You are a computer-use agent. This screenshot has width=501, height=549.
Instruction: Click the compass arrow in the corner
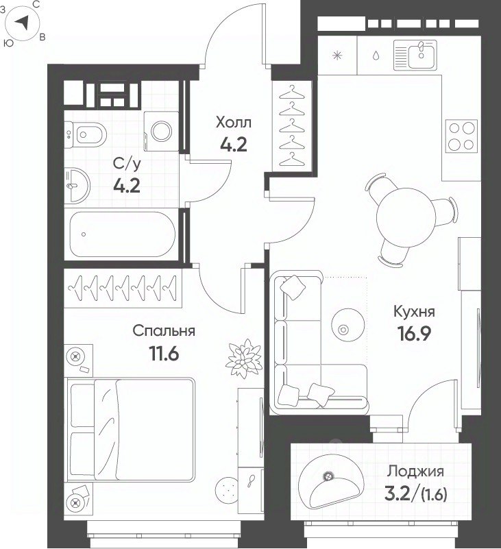(23, 23)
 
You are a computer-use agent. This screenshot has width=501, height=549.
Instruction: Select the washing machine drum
(161, 131)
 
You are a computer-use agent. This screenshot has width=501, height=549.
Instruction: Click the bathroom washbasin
(77, 185)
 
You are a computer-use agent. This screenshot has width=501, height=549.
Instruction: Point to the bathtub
(122, 234)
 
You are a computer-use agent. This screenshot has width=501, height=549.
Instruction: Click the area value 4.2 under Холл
(234, 144)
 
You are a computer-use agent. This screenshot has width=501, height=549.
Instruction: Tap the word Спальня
(164, 331)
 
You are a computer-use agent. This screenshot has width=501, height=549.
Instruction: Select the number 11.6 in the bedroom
(164, 354)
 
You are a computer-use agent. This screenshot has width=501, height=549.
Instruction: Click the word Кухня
(414, 311)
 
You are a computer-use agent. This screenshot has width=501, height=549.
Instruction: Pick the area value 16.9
(414, 334)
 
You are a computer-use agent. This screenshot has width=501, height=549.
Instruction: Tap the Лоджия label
(415, 472)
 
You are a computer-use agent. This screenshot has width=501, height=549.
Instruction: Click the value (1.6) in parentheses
(434, 495)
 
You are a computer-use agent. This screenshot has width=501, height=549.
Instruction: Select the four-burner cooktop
(461, 136)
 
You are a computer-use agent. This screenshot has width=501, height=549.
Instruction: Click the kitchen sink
(415, 55)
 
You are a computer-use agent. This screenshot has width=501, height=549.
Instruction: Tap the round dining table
(406, 217)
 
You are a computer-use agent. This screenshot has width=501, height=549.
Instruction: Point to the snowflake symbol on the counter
(337, 56)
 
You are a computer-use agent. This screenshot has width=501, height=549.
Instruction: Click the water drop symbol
(376, 56)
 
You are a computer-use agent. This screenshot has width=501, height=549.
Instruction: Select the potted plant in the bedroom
(244, 358)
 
